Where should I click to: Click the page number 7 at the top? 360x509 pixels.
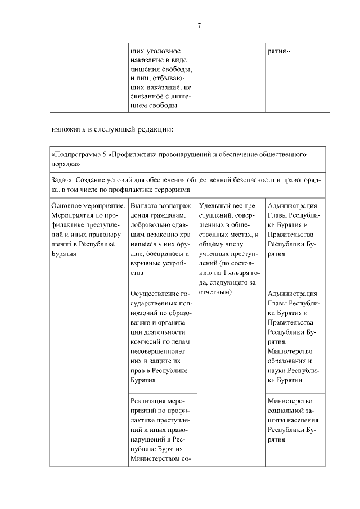199,25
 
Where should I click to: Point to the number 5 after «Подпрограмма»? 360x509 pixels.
105,154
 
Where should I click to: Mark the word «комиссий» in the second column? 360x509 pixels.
144,341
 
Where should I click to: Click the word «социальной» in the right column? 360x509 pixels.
286,411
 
